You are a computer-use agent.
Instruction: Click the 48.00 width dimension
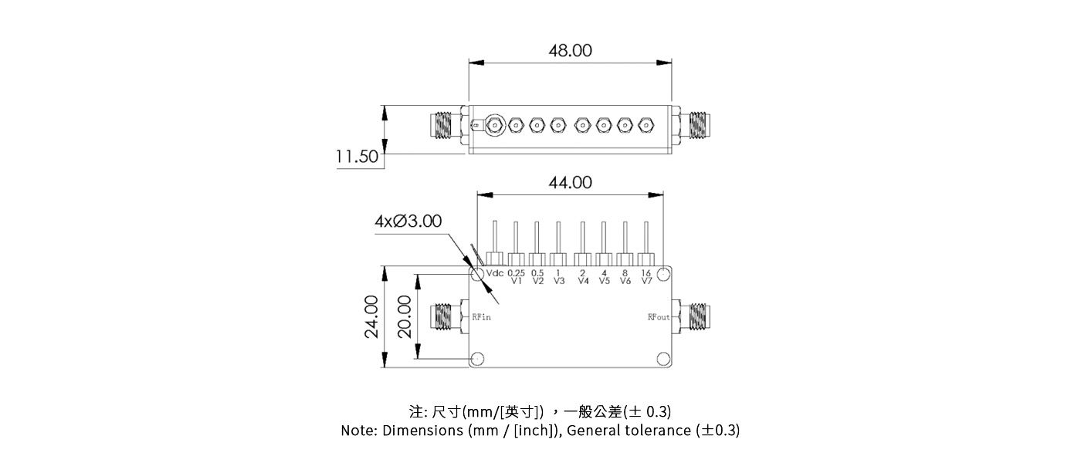(x=570, y=51)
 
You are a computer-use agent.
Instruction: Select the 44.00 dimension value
(x=570, y=183)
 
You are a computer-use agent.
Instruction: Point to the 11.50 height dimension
(x=357, y=157)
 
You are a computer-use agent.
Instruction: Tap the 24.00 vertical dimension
(x=371, y=316)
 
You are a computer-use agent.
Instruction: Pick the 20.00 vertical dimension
(x=404, y=316)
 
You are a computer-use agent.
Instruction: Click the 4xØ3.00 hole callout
(x=408, y=221)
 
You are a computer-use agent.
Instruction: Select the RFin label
(x=481, y=317)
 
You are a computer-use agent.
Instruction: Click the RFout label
(x=659, y=317)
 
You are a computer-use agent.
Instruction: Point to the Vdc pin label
(x=494, y=274)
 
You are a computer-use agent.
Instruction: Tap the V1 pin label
(x=517, y=281)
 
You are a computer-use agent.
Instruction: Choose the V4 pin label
(x=583, y=281)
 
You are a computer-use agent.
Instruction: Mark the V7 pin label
(x=646, y=281)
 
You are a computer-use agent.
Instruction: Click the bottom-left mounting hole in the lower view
(x=478, y=359)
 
